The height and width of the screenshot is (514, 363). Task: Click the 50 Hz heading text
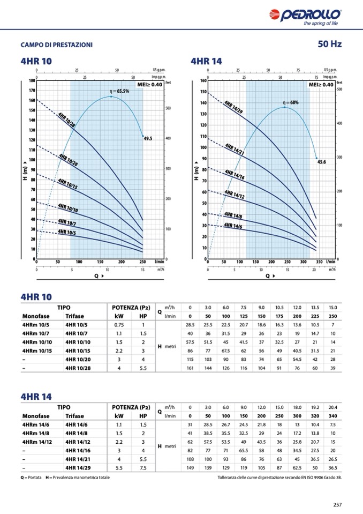pyautogui.click(x=329, y=44)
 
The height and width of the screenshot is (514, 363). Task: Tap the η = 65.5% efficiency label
pyautogui.click(x=119, y=92)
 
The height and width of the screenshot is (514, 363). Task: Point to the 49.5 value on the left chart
pyautogui.click(x=148, y=138)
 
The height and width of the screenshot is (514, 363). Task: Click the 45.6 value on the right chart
pyautogui.click(x=322, y=161)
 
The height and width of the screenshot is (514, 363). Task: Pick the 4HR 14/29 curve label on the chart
pyautogui.click(x=233, y=107)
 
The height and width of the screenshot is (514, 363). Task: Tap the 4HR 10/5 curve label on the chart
pyautogui.click(x=67, y=233)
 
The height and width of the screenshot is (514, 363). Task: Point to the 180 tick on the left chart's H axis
pyautogui.click(x=32, y=81)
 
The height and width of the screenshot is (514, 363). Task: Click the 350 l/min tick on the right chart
pyautogui.click(x=319, y=262)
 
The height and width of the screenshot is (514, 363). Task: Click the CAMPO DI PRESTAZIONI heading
pyautogui.click(x=56, y=45)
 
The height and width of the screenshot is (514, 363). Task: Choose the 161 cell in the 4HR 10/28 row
pyautogui.click(x=190, y=369)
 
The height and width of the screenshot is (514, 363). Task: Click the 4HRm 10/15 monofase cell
pyautogui.click(x=37, y=351)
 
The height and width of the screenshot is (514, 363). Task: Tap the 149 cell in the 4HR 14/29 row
pyautogui.click(x=190, y=468)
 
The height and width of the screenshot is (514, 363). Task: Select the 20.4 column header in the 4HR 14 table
pyautogui.click(x=332, y=407)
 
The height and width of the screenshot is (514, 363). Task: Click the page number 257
pyautogui.click(x=337, y=504)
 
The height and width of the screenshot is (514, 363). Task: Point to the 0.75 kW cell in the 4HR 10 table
pyautogui.click(x=119, y=325)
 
